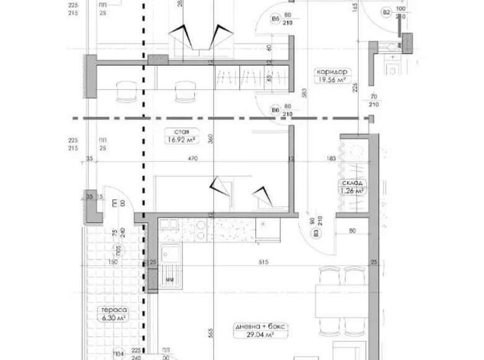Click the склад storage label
pyautogui.click(x=352, y=183)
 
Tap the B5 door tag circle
pyautogui.click(x=275, y=19)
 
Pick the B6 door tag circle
pyautogui.click(x=275, y=110)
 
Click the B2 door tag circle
pyautogui.click(x=385, y=11)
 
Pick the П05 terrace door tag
pyautogui.click(x=115, y=251)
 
